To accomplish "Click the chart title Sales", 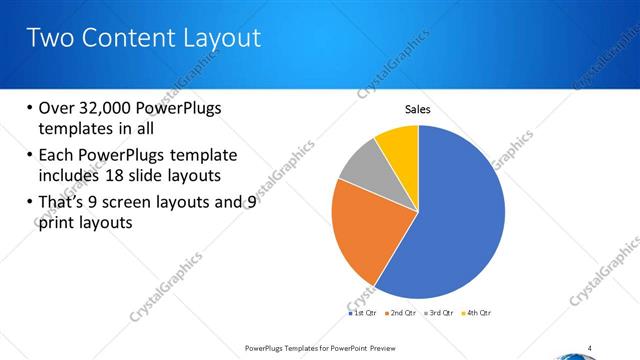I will click(417, 109).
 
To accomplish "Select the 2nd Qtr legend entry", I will click(403, 313).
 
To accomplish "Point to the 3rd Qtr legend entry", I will click(441, 313).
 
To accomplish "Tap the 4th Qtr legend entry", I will click(479, 313).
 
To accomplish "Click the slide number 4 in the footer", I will click(590, 348).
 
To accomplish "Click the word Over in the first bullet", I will click(54, 108).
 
